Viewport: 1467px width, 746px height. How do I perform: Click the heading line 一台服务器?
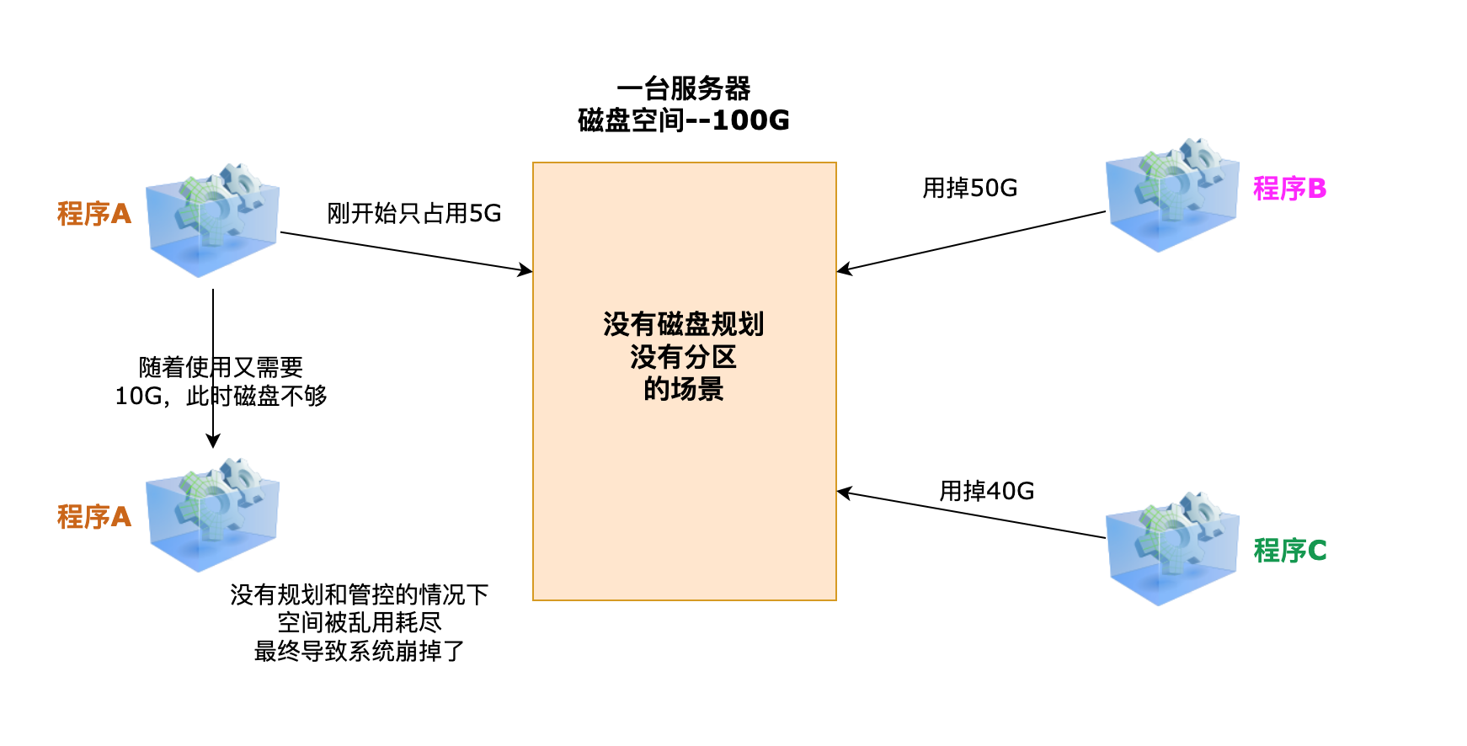(683, 88)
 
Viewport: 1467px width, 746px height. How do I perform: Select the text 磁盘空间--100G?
(683, 120)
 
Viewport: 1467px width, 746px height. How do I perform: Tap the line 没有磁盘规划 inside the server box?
(683, 324)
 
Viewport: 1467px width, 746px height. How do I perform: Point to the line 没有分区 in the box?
(683, 357)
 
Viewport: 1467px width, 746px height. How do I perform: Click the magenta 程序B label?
(1289, 189)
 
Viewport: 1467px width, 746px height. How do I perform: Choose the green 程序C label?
(1289, 551)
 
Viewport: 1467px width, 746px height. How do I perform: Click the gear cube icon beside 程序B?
(1172, 195)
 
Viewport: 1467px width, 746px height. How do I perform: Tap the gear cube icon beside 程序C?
(1172, 549)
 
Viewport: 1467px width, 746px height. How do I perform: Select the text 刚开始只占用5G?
(413, 214)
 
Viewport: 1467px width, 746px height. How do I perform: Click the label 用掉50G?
(969, 188)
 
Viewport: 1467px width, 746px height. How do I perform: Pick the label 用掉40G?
(986, 491)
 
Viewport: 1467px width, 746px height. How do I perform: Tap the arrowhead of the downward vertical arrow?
(213, 440)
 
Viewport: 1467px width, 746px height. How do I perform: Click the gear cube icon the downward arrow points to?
(212, 515)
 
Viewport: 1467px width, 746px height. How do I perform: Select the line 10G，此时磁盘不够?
(221, 396)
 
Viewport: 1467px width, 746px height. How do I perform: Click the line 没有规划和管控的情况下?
(359, 595)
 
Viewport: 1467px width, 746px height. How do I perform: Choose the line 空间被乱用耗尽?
(359, 623)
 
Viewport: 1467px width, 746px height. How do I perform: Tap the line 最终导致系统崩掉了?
(359, 651)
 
